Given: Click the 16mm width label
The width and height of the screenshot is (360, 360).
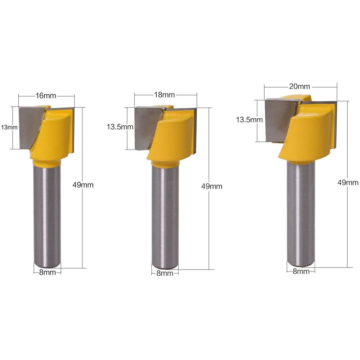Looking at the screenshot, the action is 46,95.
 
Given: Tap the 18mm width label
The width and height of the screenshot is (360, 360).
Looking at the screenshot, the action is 165,95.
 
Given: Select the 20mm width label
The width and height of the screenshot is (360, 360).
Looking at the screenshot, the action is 300,86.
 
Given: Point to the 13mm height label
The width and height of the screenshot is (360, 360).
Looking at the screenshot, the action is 9,127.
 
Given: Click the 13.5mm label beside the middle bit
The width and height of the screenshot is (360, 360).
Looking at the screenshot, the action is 120,127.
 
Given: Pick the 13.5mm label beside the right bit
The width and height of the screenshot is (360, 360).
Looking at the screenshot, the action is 249,120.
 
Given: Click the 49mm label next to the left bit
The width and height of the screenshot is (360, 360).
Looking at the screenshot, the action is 83,185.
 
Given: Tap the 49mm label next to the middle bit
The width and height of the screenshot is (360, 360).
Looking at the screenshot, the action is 212,186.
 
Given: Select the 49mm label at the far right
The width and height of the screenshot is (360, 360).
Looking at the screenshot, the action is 348,183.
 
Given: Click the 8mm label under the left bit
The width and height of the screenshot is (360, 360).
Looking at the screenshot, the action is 48,272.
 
